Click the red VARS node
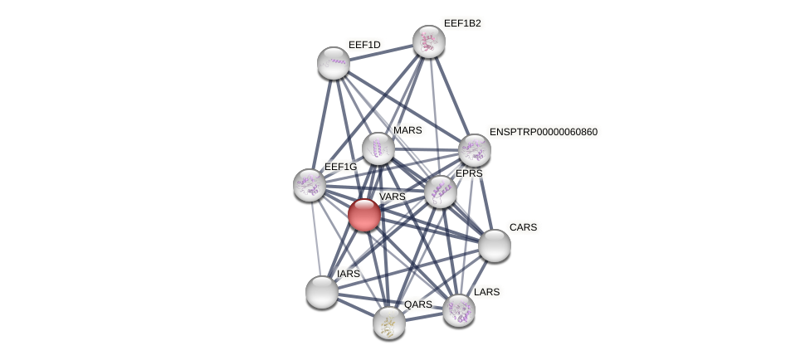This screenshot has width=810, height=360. [x=364, y=215]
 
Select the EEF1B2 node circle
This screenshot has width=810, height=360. [x=429, y=41]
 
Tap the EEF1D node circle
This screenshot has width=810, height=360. [x=334, y=63]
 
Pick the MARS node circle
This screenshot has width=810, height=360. [x=378, y=148]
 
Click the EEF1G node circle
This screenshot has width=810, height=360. [x=310, y=185]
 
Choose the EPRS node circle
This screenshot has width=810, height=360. [x=441, y=192]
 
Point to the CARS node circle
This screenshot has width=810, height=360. [x=495, y=246]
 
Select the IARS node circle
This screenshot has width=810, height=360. [x=322, y=292]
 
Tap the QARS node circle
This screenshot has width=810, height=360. [x=389, y=323]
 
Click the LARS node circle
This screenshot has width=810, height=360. [x=459, y=310]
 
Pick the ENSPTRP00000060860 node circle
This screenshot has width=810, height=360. [x=475, y=150]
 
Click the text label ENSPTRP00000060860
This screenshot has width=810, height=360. [x=543, y=132]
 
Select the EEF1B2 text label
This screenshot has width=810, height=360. [x=461, y=23]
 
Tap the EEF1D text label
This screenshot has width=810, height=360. [x=364, y=45]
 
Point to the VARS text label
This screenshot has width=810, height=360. [x=392, y=197]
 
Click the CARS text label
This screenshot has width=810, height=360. [x=523, y=227]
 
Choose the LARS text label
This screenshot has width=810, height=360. [x=486, y=292]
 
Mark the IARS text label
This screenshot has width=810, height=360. [x=349, y=274]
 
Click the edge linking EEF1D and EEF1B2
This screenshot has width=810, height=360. [x=381, y=52]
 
